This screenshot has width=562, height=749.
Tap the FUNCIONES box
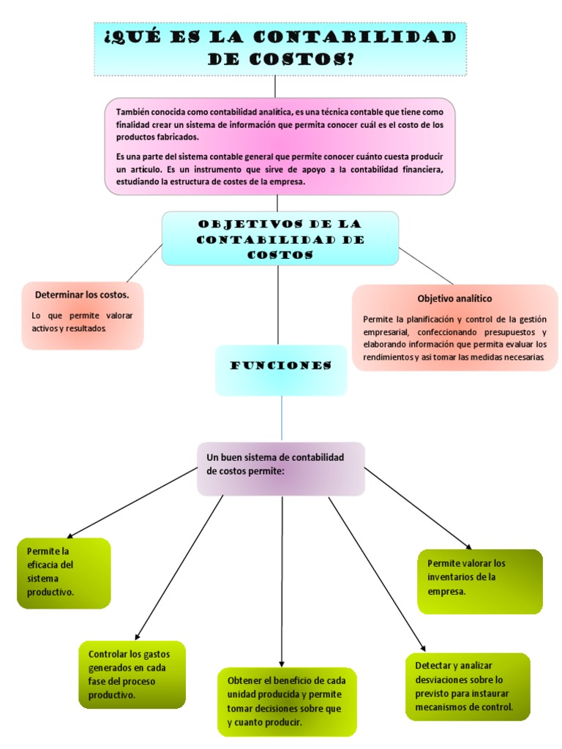click(x=281, y=370)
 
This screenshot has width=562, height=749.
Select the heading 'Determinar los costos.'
click(x=82, y=295)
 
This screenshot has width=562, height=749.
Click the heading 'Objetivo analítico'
click(x=454, y=298)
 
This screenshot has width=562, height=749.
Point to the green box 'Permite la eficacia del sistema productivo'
click(x=64, y=573)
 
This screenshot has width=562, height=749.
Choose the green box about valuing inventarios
click(x=480, y=581)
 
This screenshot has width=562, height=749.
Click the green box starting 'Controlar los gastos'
click(x=132, y=674)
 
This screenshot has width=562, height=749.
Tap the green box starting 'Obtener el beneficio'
click(x=287, y=701)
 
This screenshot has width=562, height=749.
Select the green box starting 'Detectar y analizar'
click(x=467, y=686)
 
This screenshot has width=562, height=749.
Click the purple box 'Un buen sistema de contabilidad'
click(x=280, y=468)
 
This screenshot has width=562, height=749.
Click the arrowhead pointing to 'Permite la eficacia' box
click(x=69, y=536)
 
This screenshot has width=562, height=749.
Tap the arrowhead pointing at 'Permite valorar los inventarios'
click(x=468, y=545)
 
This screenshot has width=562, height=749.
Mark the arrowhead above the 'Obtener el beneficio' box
click(x=283, y=661)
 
